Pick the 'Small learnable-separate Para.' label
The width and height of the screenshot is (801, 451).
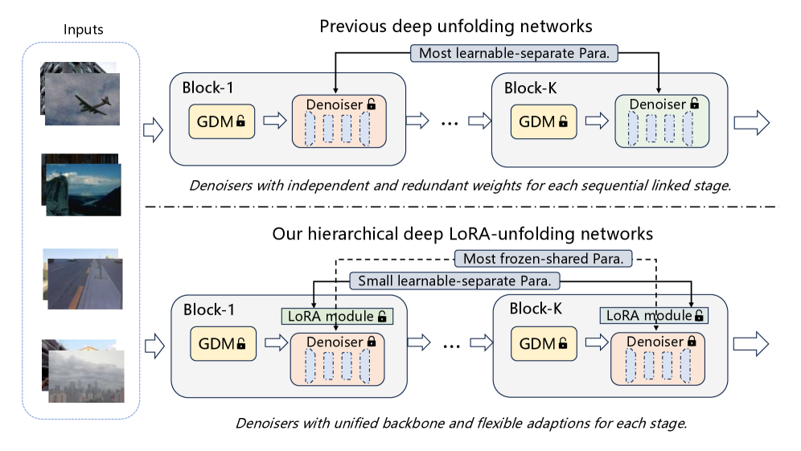(x=454, y=281)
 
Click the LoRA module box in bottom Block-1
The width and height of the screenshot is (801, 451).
(x=336, y=316)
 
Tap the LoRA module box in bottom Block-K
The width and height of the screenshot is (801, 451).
(x=654, y=316)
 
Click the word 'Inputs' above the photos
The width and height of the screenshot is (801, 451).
(x=83, y=31)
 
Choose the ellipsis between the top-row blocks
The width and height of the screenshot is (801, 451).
(x=450, y=123)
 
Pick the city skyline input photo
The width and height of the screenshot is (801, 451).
(x=86, y=375)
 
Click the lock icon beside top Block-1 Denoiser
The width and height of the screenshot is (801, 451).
(x=371, y=104)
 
